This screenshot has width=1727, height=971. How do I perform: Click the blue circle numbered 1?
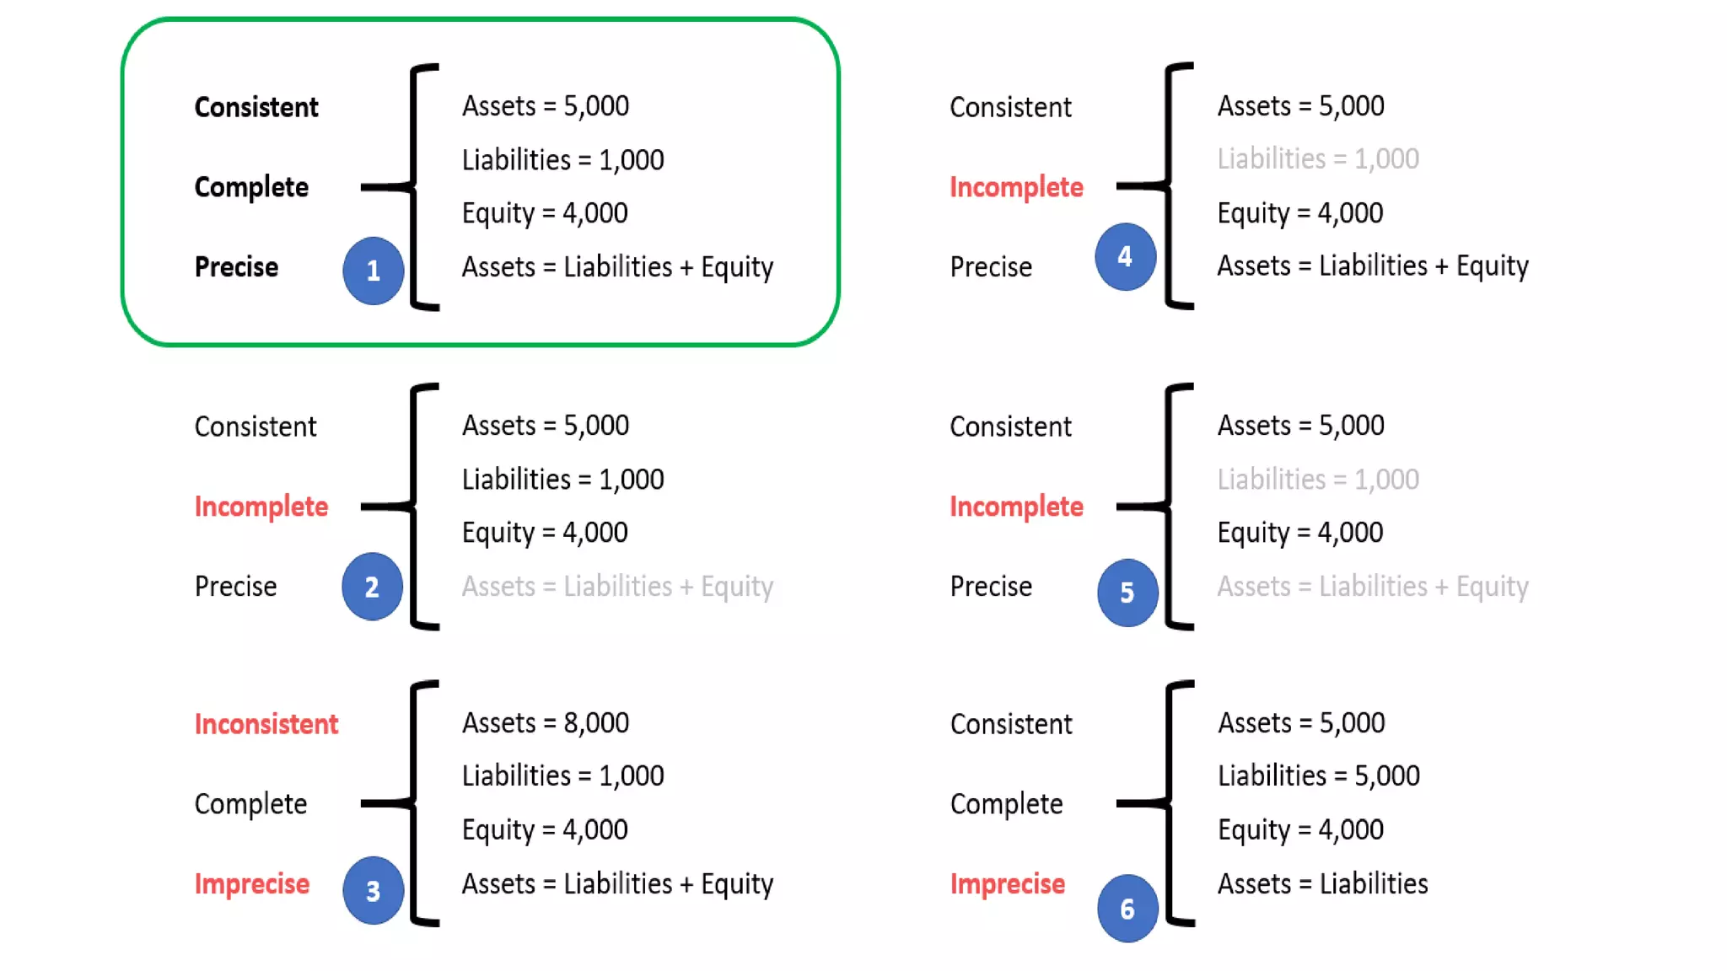click(x=373, y=271)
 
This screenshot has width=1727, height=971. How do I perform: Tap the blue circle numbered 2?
click(x=372, y=587)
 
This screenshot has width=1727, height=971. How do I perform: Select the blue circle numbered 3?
click(x=373, y=890)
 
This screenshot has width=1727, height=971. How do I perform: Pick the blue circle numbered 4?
click(x=1125, y=257)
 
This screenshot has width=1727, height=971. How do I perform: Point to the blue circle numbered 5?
click(x=1127, y=593)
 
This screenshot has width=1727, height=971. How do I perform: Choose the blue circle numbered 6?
click(x=1127, y=909)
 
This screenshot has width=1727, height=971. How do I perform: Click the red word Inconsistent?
click(x=266, y=724)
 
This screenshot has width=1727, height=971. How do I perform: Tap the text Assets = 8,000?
click(x=545, y=722)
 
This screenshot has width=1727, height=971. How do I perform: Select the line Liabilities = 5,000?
click(x=1318, y=775)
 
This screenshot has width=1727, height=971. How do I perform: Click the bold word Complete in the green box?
click(x=251, y=187)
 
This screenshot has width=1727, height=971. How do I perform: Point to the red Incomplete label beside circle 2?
click(x=261, y=507)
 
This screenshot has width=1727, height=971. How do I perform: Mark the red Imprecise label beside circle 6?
click(x=1007, y=884)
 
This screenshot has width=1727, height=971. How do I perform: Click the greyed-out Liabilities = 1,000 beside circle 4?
click(x=1317, y=158)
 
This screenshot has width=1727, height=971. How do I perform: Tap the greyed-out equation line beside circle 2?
click(x=617, y=587)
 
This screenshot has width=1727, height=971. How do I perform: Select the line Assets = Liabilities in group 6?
click(x=1322, y=884)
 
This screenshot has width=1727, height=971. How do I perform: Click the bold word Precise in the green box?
click(x=236, y=267)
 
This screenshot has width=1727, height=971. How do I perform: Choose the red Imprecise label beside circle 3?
click(x=251, y=884)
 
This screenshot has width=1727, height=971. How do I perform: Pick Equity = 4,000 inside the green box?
click(x=544, y=213)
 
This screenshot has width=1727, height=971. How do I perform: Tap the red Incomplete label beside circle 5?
click(x=1016, y=507)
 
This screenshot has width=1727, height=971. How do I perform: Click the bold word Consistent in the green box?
click(x=256, y=107)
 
